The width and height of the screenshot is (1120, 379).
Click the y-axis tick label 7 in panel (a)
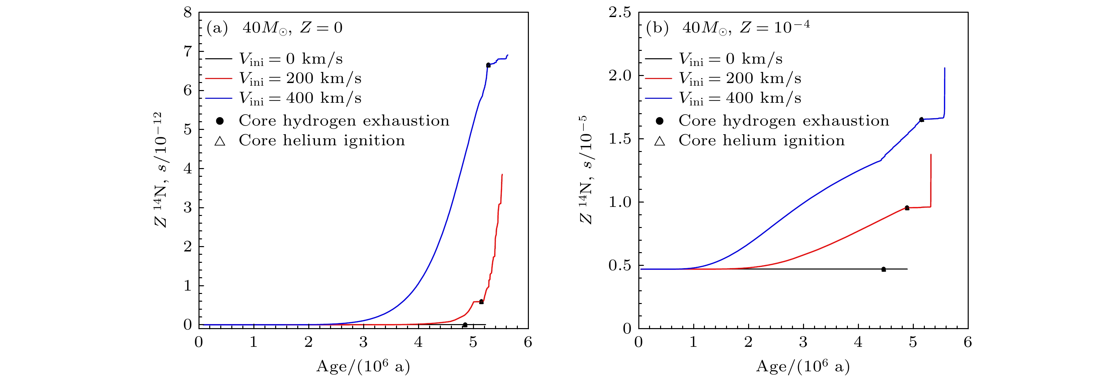(x=187, y=52)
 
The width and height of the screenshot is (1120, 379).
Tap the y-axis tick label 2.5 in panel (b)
(x=620, y=13)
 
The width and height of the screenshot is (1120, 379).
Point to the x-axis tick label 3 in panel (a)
(x=364, y=343)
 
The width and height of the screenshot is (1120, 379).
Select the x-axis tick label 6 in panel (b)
(x=968, y=343)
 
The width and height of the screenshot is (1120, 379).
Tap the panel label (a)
(x=217, y=28)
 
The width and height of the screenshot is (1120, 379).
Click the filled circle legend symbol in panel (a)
(x=220, y=121)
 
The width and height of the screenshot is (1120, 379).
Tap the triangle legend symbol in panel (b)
(x=659, y=141)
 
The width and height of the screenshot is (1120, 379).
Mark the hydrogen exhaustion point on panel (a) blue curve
(x=488, y=65)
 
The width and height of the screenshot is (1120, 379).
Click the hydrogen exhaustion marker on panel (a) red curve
(x=481, y=302)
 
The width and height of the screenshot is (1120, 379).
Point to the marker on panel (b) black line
(x=883, y=269)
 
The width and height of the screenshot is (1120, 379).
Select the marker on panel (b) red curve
(x=907, y=208)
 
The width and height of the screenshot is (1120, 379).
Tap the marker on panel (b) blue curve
(x=921, y=120)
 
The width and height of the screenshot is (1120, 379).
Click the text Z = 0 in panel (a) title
(x=321, y=28)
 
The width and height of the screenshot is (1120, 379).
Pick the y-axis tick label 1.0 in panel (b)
(x=620, y=202)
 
